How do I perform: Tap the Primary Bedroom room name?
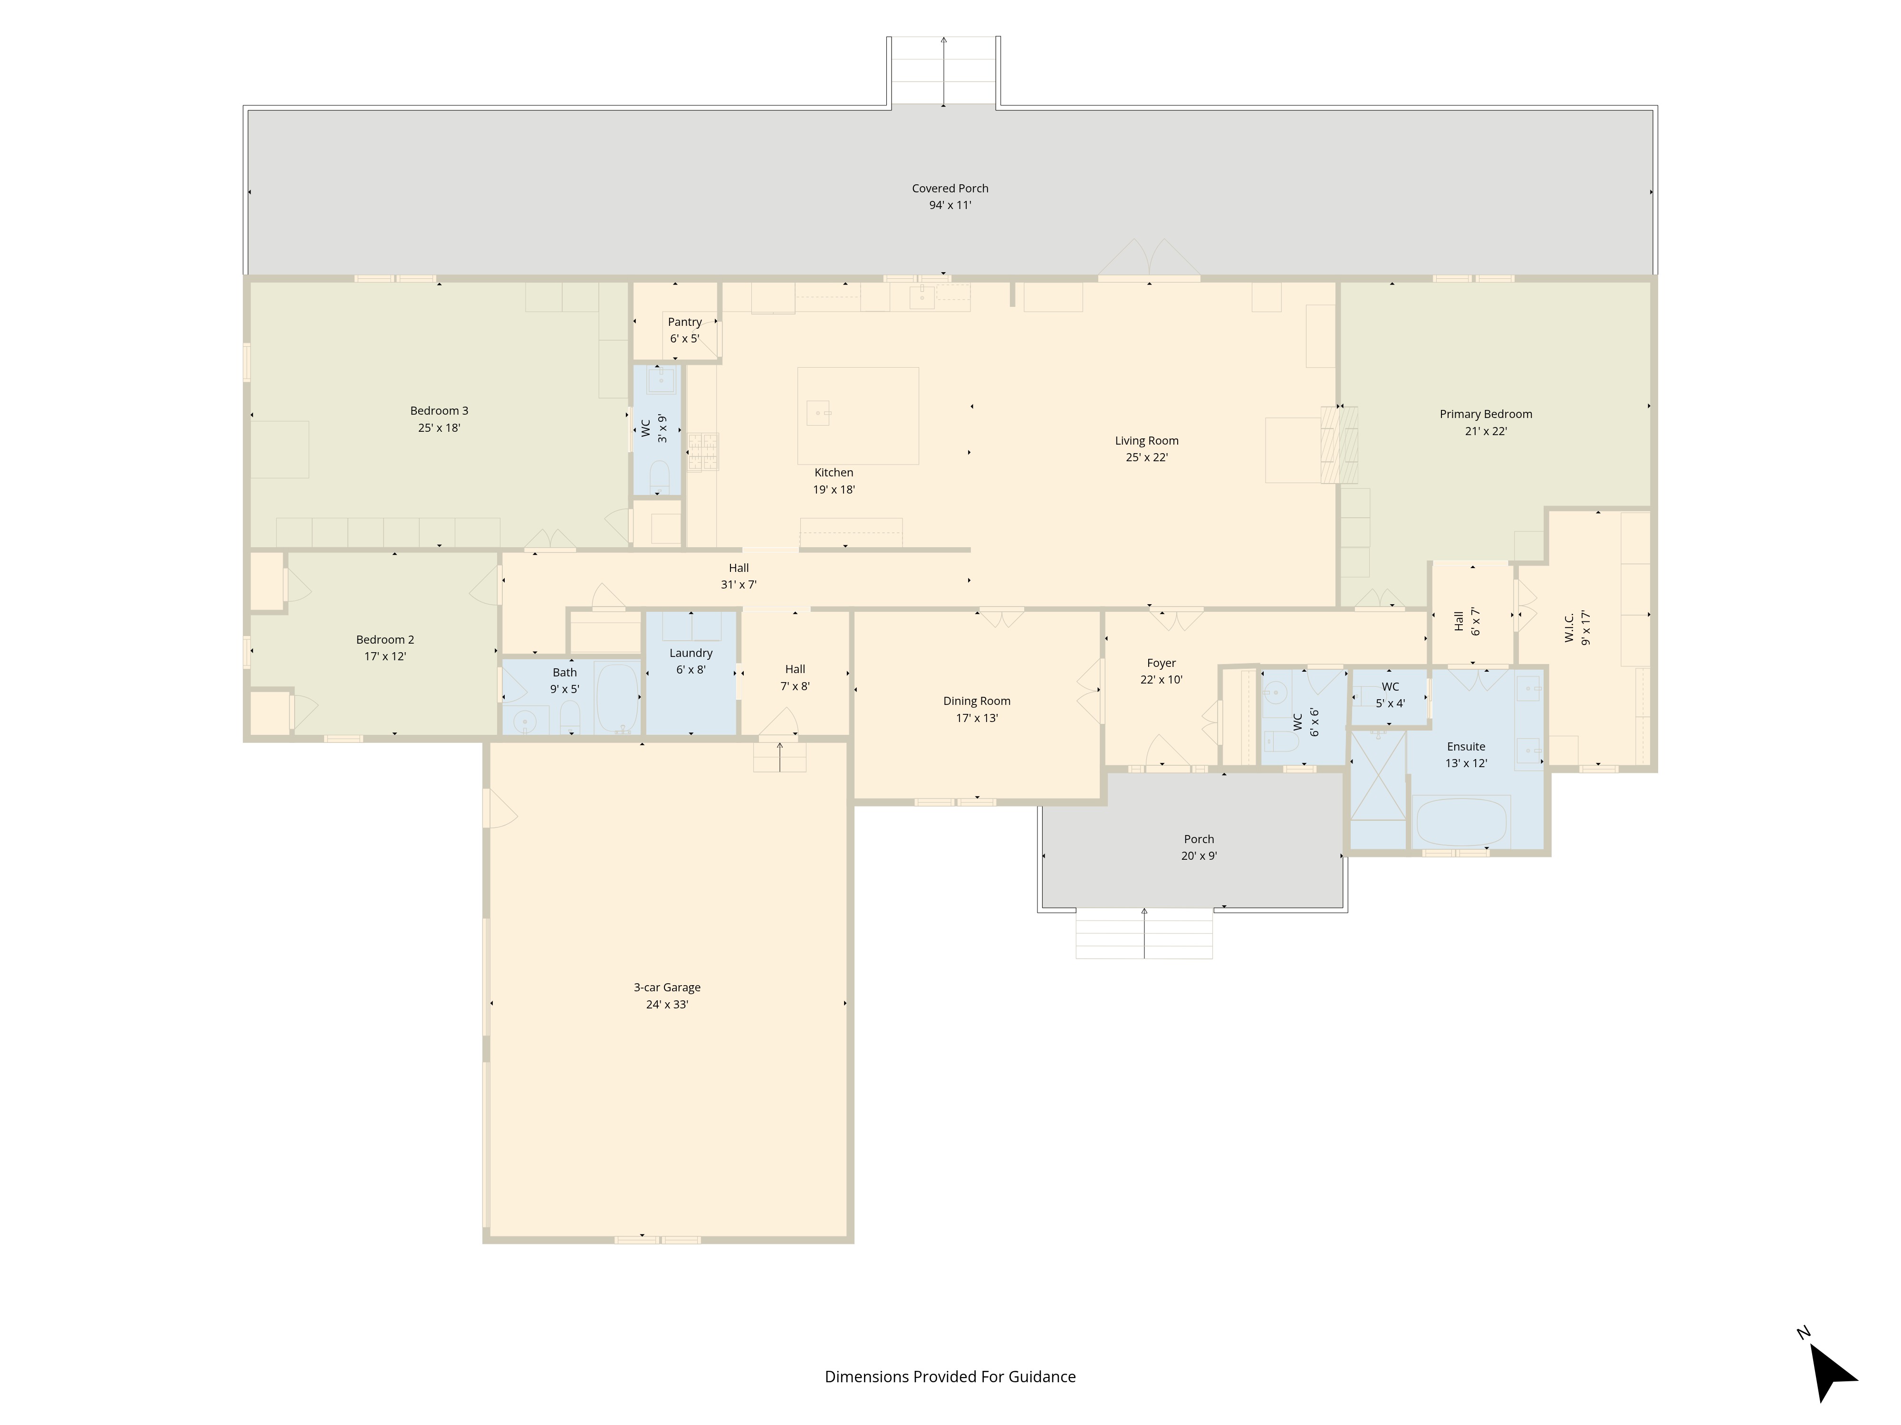(x=1486, y=414)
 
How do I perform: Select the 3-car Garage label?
(x=667, y=988)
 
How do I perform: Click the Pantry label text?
(x=685, y=322)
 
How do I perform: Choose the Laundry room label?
(x=691, y=653)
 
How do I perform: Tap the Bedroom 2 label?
(x=385, y=640)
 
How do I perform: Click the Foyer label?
(x=1161, y=663)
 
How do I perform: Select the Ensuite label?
(x=1466, y=746)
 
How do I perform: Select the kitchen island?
(x=858, y=416)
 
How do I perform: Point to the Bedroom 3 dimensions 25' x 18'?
(x=439, y=428)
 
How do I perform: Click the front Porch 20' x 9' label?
(x=1199, y=848)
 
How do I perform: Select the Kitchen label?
(x=834, y=473)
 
